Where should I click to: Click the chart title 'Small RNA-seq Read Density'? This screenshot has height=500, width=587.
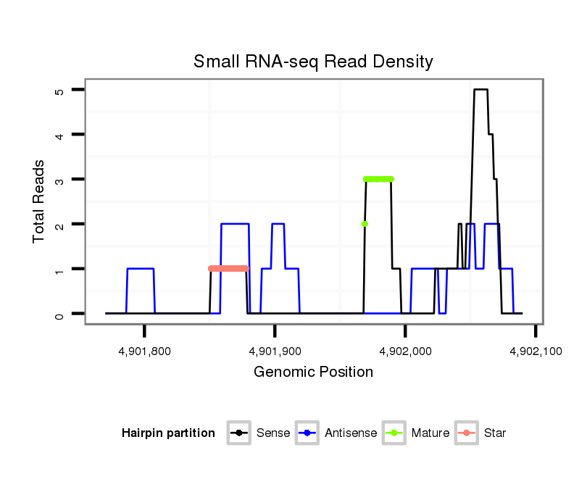[x=313, y=62]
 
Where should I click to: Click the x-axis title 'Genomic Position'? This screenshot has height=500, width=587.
[x=313, y=372]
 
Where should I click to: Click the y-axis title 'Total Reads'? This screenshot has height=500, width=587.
[x=40, y=201]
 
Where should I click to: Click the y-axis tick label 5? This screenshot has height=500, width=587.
[x=61, y=90]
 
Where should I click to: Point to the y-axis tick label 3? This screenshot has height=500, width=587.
[x=61, y=180]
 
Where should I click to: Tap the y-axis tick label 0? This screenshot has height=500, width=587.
[x=61, y=314]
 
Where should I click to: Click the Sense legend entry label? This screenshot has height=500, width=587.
[x=273, y=433]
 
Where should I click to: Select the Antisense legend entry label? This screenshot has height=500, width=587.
[x=351, y=433]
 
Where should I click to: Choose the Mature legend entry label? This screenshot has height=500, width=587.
[x=430, y=433]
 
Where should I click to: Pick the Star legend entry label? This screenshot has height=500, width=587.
[x=495, y=433]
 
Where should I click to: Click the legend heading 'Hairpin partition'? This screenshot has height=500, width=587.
[x=168, y=433]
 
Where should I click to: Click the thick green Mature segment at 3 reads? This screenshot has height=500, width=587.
[x=378, y=179]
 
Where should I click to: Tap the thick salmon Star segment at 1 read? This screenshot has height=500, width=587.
[x=228, y=269]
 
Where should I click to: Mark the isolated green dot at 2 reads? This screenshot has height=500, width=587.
[x=365, y=224]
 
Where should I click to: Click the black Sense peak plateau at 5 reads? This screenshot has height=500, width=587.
[x=480, y=90]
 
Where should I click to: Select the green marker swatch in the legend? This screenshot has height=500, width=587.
[x=395, y=433]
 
